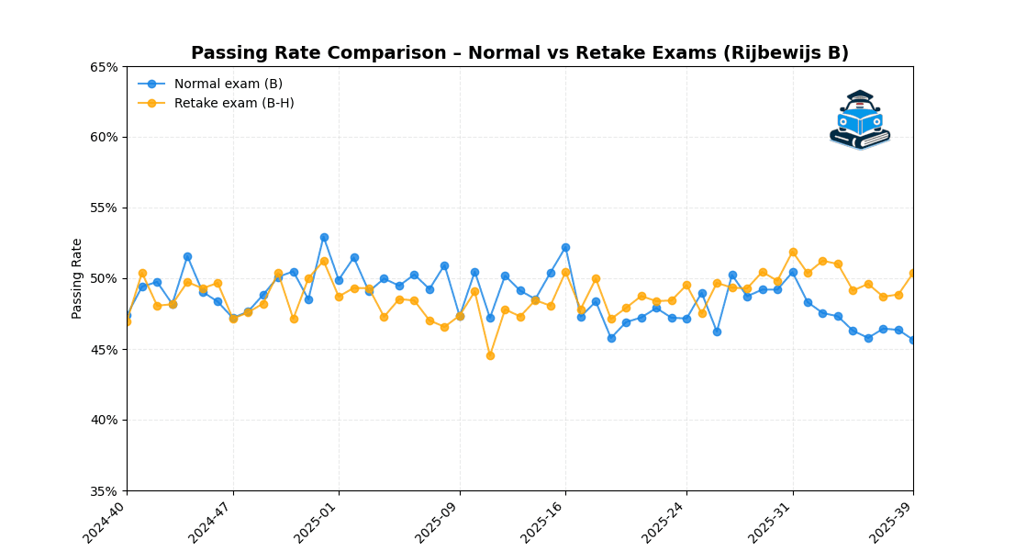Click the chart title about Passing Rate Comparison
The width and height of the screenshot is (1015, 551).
[x=519, y=53]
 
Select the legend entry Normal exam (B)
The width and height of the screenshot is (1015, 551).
[x=228, y=84]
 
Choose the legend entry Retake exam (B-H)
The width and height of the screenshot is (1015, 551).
[x=233, y=103]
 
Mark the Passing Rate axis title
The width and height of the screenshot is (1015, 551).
[x=77, y=278]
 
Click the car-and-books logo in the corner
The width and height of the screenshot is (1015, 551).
[x=860, y=119]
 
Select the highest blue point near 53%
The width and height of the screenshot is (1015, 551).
[x=324, y=237]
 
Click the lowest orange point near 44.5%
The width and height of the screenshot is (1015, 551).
[x=490, y=355]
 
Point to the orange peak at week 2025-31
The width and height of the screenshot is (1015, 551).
[x=793, y=252]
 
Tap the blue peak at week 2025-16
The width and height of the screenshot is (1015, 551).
[x=565, y=247]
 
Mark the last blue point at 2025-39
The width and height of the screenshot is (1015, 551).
[x=913, y=340]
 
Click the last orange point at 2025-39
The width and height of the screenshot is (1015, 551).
[x=913, y=273]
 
